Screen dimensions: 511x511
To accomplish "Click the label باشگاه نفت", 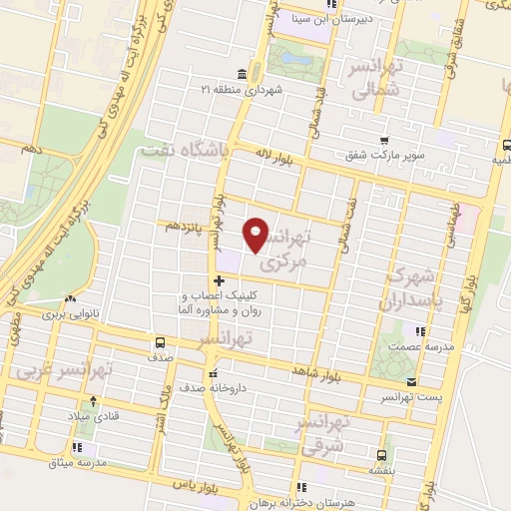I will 198,147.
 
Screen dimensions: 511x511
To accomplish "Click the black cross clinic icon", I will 219,281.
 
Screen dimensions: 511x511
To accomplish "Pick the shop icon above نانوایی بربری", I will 69,298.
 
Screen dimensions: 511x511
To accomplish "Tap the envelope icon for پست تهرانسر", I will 411,381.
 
